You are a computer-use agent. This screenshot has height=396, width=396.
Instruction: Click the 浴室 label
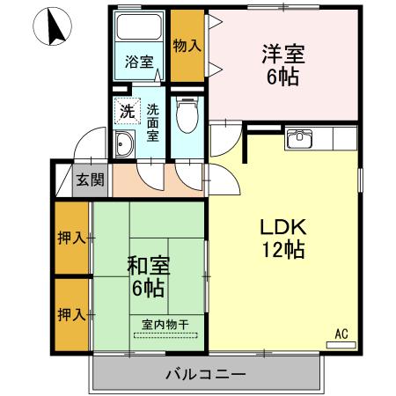139,63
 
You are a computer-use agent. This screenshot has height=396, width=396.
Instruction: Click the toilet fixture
186,114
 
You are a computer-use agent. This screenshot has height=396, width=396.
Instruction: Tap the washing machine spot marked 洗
128,112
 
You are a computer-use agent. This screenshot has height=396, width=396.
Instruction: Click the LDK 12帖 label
282,238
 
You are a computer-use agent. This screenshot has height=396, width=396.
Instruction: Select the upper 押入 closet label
70,237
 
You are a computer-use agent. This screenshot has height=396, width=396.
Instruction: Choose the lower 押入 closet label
70,313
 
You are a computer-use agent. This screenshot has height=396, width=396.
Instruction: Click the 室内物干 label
166,325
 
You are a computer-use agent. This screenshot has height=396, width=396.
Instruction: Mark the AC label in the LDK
341,334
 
